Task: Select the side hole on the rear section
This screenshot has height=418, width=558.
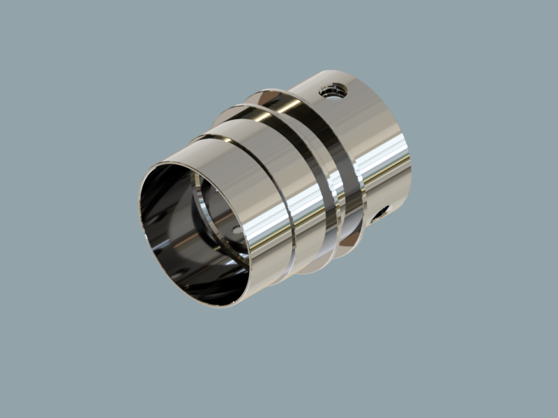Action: pyautogui.click(x=380, y=214)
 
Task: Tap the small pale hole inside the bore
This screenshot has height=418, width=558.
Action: pyautogui.click(x=236, y=229)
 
